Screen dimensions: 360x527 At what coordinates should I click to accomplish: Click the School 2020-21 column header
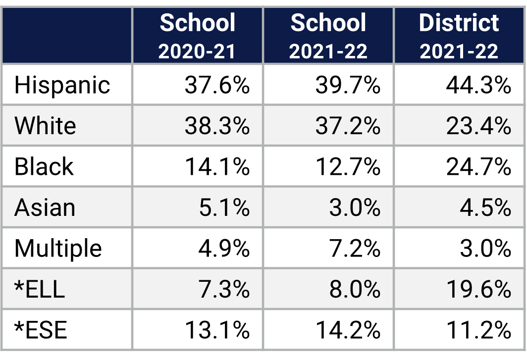tap(197, 36)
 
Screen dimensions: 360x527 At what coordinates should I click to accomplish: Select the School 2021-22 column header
tap(328, 36)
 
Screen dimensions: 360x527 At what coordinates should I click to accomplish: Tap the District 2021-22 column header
tap(459, 36)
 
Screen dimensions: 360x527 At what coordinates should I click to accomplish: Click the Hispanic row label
tap(62, 85)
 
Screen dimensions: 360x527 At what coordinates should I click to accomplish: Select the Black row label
tap(44, 166)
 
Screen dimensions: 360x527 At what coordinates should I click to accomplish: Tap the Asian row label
tap(45, 207)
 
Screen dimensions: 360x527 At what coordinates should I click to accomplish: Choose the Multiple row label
tap(58, 248)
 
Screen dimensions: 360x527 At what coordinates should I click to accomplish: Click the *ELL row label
tap(40, 289)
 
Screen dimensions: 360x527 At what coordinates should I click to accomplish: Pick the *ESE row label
tap(41, 329)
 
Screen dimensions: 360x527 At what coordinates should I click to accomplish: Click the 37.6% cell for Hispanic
tap(217, 85)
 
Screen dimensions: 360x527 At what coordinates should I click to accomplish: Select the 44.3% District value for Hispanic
tap(478, 85)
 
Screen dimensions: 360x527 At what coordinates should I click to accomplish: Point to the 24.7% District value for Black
tap(478, 166)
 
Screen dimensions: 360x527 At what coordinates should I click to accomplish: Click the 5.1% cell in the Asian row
tap(224, 207)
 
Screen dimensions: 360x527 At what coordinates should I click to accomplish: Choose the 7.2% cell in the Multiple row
tap(355, 248)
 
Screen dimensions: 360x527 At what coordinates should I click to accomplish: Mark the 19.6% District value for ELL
tap(478, 289)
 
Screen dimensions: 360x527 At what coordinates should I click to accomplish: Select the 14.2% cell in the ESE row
tap(348, 329)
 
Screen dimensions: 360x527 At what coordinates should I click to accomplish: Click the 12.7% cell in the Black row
tap(348, 166)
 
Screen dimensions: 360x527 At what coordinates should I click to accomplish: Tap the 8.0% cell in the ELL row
tap(355, 289)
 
